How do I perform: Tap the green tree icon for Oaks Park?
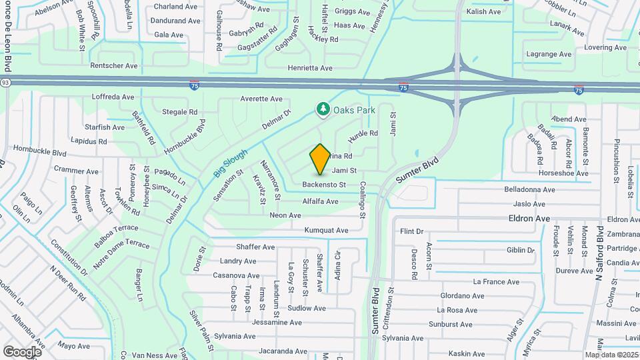(323, 109)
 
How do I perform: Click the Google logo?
(22, 351)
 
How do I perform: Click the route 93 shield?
(5, 82)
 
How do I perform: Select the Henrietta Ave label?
(309, 68)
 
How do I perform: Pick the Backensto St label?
(324, 185)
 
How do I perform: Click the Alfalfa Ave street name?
(320, 201)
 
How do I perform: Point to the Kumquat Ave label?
(326, 231)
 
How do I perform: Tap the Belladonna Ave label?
(530, 189)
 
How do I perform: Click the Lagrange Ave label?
(549, 54)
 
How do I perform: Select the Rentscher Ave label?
(113, 66)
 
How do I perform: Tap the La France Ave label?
(495, 282)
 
